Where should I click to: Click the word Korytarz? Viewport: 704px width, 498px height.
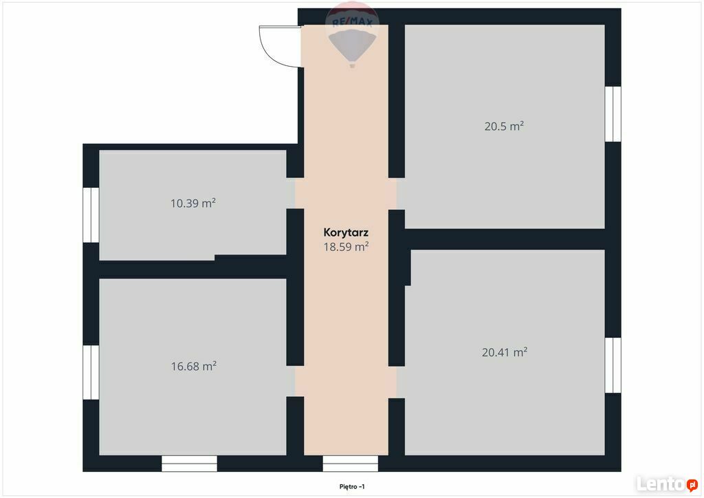point(346,232)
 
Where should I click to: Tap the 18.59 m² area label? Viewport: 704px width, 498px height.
point(346,246)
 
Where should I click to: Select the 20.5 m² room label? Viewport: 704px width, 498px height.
point(504,126)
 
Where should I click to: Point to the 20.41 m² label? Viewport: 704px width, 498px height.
point(504,352)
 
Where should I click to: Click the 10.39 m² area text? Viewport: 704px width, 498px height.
point(193,203)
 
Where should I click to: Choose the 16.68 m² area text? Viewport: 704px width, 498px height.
point(193,366)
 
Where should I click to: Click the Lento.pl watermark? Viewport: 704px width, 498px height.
point(667,484)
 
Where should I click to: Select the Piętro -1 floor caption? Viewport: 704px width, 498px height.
point(352,487)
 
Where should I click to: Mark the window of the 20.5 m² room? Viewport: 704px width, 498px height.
point(613,114)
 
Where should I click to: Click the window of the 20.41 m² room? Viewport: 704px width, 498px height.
point(613,365)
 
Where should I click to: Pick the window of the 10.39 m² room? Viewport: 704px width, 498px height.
point(91,215)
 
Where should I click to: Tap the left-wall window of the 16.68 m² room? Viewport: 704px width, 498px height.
point(91,372)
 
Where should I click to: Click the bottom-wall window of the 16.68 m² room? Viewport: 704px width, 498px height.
point(190,464)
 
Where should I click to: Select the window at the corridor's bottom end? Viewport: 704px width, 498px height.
point(351,464)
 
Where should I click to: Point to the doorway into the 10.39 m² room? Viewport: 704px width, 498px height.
point(295,193)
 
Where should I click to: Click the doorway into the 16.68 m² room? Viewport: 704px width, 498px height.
point(295,381)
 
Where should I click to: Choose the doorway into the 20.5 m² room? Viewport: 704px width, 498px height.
point(397,194)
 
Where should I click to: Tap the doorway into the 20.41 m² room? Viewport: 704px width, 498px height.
point(397,382)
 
